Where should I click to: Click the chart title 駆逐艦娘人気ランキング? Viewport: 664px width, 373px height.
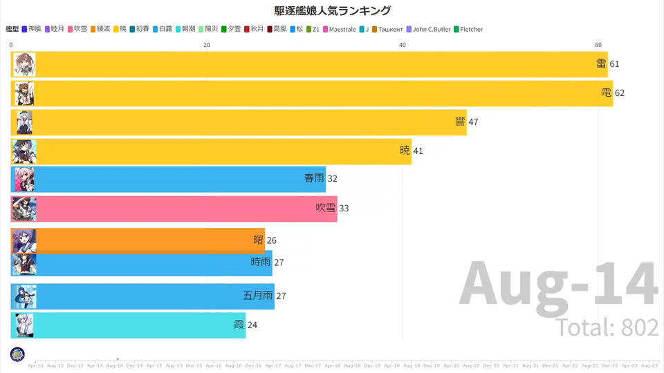332,10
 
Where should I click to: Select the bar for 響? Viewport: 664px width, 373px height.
239,122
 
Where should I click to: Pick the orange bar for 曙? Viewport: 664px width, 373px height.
138,240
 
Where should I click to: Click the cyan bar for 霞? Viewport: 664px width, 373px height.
129,325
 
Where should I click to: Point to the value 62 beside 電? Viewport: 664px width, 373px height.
620,93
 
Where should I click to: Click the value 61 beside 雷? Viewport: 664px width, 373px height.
614,64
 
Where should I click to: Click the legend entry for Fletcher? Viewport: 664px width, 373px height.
468,30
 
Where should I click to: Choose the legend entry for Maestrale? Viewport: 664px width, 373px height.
340,30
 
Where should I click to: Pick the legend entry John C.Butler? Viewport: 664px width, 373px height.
428,30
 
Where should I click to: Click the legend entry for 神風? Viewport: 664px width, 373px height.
32,30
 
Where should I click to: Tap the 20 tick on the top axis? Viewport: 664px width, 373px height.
207,44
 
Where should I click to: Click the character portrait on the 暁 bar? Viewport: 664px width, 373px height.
24,151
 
